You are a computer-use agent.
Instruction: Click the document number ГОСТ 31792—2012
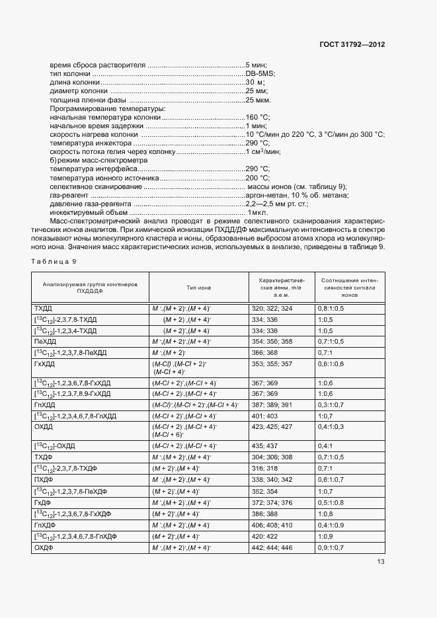coord(352,46)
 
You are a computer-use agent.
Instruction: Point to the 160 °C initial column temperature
coord(257,116)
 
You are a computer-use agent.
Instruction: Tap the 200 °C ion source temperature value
coord(257,178)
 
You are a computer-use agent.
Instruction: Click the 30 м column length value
coord(255,82)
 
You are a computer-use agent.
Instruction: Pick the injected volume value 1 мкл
coord(258,213)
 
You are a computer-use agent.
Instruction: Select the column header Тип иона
coord(199,288)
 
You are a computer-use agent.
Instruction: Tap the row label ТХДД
coord(43,309)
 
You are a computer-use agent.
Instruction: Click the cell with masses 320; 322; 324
coord(271,309)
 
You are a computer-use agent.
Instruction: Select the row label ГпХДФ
coord(44,525)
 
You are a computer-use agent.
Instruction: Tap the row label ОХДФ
coord(43,547)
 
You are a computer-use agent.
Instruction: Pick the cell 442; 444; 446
coord(271,547)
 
